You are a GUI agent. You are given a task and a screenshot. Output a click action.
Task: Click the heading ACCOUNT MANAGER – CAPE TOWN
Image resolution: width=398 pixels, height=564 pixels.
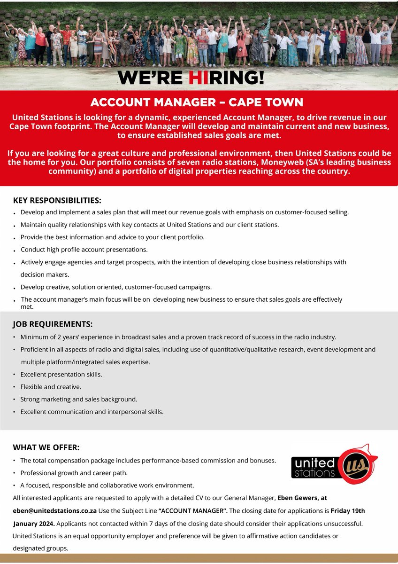point(197,102)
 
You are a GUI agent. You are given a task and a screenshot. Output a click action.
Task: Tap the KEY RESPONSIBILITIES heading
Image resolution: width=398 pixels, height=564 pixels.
point(57,200)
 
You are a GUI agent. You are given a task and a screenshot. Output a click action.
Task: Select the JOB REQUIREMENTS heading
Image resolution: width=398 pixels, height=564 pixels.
point(53,324)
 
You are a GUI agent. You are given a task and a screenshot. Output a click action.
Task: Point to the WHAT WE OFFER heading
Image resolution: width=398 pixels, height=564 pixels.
point(46,447)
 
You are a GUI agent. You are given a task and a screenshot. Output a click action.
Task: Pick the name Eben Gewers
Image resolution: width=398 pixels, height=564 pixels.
point(298,497)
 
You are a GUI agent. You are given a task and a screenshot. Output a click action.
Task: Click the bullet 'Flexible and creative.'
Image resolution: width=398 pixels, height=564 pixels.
point(51,387)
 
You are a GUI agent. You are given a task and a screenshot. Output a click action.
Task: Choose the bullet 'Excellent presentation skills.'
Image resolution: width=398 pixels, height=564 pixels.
point(61,375)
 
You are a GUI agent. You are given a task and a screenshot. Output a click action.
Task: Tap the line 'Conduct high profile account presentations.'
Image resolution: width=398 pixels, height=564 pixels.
point(84,250)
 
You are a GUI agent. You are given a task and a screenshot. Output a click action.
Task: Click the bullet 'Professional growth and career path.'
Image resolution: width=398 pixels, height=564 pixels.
point(74,473)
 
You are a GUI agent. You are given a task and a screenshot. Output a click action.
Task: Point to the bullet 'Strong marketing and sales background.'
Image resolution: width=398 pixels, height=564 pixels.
point(78,399)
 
